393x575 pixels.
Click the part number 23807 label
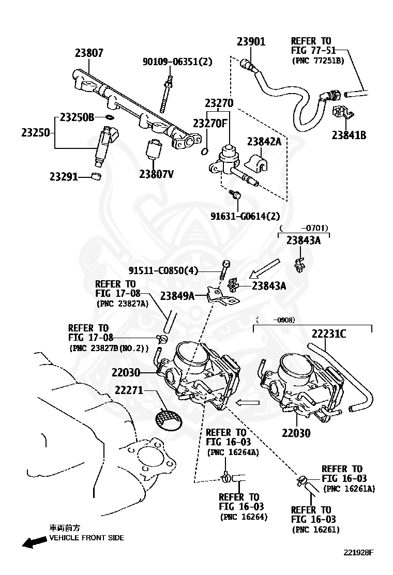click(88, 53)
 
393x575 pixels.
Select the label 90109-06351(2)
click(177, 62)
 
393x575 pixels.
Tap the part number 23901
click(251, 42)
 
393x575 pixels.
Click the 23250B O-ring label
click(77, 117)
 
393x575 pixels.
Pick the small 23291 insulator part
click(96, 177)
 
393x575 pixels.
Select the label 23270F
click(210, 124)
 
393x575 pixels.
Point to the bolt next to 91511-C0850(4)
click(225, 270)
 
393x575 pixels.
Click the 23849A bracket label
click(177, 296)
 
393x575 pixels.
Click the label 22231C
click(329, 334)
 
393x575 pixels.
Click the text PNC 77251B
click(318, 60)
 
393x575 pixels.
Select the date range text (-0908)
click(275, 320)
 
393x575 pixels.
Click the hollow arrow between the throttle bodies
click(247, 402)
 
